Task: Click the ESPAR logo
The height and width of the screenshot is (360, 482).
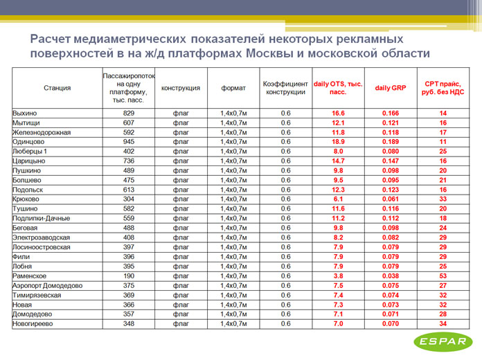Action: [x=442, y=341]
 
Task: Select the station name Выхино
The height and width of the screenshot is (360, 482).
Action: [x=25, y=113]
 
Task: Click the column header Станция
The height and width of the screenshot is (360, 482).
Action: [x=57, y=88]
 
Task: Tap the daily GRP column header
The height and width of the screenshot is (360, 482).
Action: [x=391, y=88]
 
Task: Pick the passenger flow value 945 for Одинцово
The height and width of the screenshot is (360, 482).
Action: [x=129, y=141]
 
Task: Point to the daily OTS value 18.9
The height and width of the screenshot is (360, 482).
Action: [x=339, y=141]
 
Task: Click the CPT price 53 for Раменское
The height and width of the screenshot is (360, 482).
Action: [x=443, y=275]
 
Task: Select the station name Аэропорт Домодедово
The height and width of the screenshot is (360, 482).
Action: [x=48, y=285]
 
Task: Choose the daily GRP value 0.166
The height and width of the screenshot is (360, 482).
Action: [x=391, y=113]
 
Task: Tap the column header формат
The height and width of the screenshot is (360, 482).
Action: [x=233, y=88]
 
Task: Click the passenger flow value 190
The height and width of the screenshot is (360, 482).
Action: [x=129, y=275]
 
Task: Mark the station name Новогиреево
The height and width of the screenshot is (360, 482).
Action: [x=33, y=323]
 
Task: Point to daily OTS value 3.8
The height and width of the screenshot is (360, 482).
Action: [x=339, y=275]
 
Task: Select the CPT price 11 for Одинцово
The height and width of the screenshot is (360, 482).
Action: [x=443, y=141]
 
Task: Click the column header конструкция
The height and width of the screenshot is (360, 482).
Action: [x=181, y=88]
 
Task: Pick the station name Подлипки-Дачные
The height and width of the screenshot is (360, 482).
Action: [x=41, y=218]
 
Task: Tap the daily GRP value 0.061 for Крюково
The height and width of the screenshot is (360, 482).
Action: [x=391, y=199]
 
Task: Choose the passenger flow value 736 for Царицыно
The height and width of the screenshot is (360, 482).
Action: [x=129, y=161]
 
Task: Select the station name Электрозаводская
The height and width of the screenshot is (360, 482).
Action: [x=42, y=237]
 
